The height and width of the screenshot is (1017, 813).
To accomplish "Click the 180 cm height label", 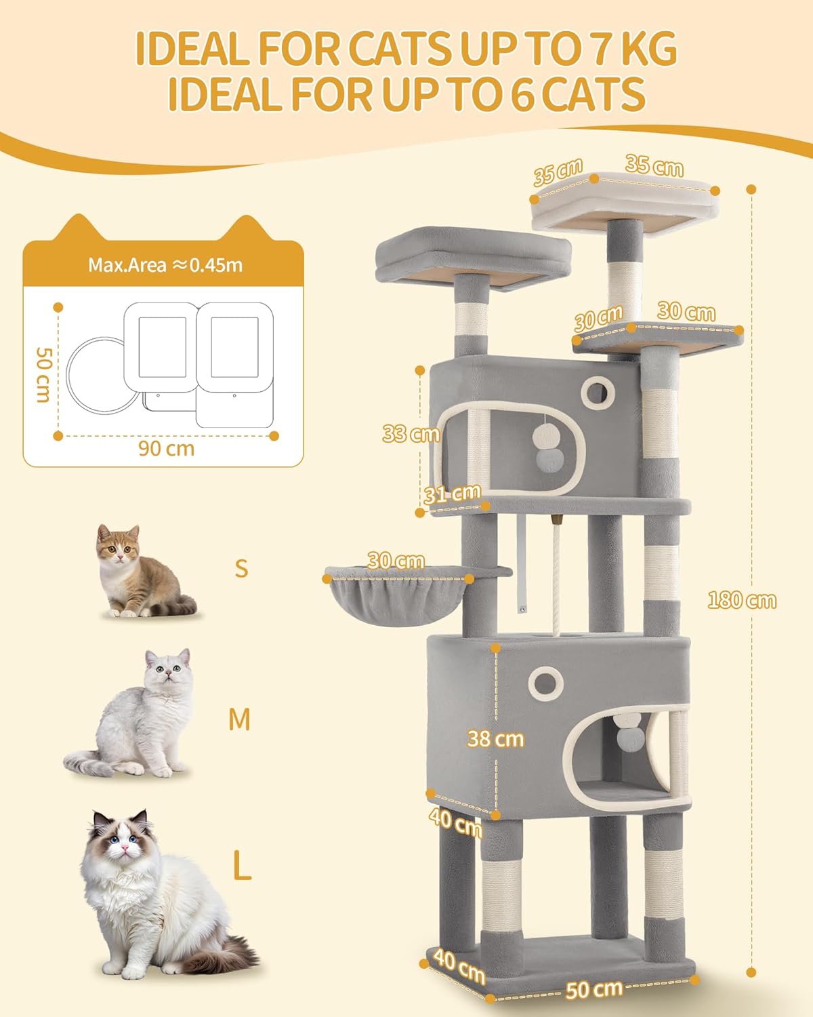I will [x=742, y=600].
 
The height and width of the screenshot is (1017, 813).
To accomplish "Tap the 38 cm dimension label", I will [x=495, y=738].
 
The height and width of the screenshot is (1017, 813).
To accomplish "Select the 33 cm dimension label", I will [x=411, y=433].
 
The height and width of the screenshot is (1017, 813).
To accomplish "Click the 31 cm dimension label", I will [x=452, y=494].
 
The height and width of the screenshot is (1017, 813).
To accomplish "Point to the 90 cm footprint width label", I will [x=166, y=449].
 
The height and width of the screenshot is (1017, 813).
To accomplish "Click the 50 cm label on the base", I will [x=593, y=989].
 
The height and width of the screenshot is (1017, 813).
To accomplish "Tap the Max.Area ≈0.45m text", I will [x=165, y=265].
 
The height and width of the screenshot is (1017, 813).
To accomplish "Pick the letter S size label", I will [x=241, y=568].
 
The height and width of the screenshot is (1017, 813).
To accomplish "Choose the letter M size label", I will [x=240, y=719].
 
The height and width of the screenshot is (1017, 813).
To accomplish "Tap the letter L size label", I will [x=242, y=866].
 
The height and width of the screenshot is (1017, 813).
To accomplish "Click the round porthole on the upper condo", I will [x=598, y=392].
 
